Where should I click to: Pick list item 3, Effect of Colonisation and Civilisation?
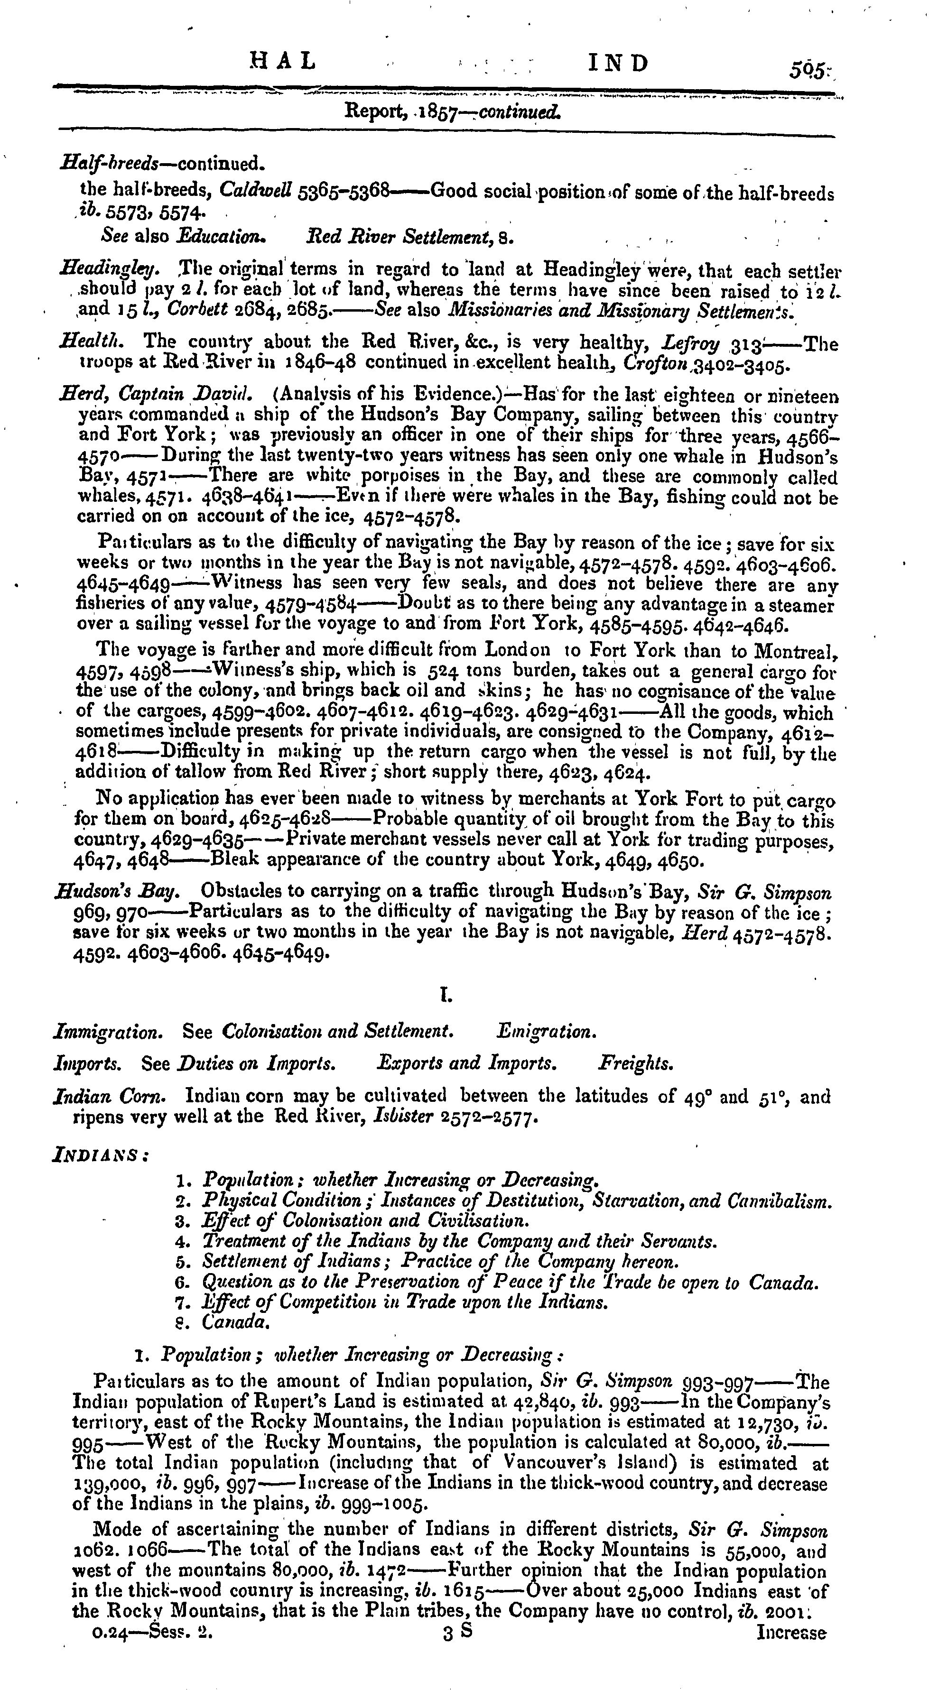tap(365, 1221)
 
